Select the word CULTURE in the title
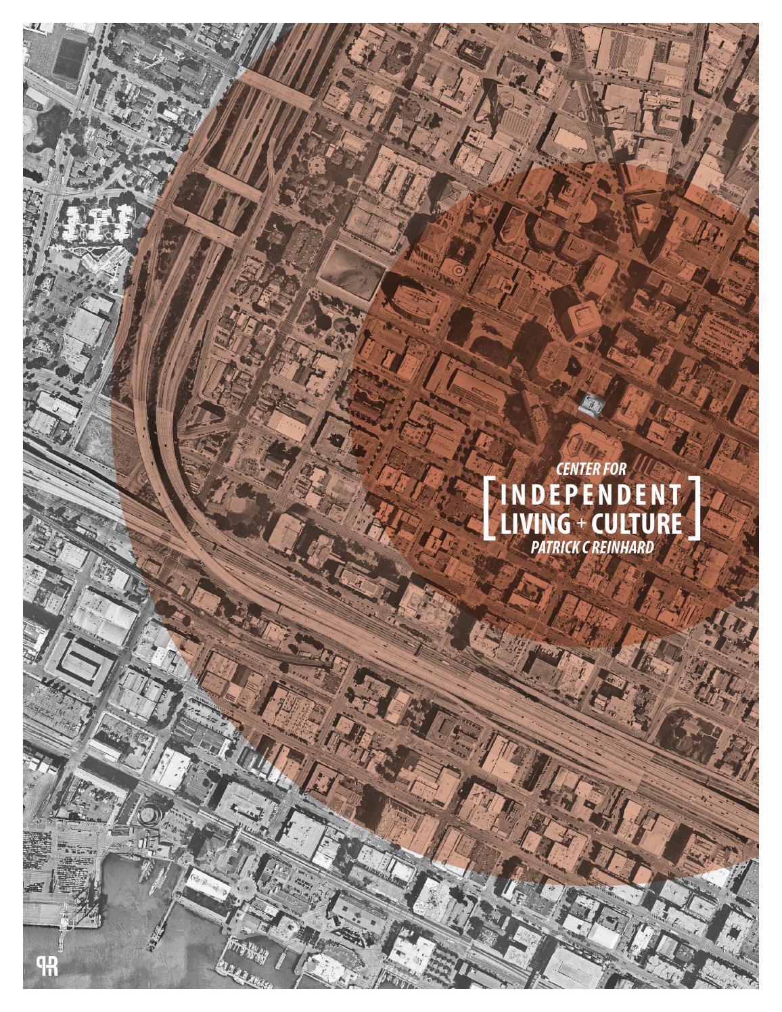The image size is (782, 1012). (636, 523)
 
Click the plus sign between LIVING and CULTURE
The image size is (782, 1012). (574, 523)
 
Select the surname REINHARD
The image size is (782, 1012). (625, 547)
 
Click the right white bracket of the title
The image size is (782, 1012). (694, 508)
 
